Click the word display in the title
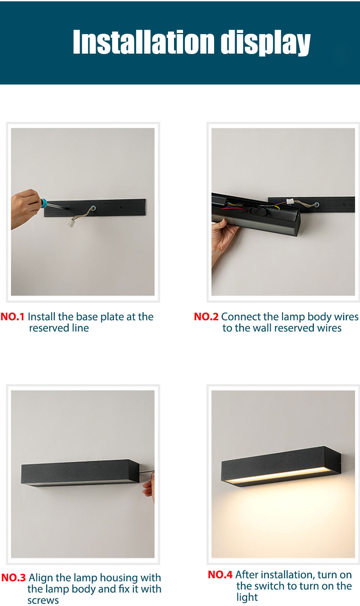pos(265,43)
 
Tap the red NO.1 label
pos(12,317)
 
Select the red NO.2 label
pos(206,317)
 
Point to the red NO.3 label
pos(13,577)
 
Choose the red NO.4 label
pos(220,574)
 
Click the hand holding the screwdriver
pos(25,208)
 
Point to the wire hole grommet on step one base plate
pos(93,208)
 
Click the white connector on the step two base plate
pos(290,201)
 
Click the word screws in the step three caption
pos(43,600)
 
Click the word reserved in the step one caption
pos(49,328)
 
